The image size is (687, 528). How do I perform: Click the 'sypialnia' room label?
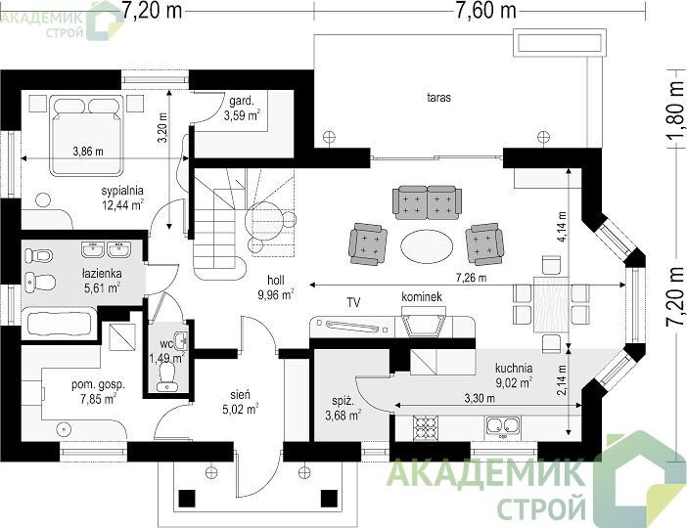pyautogui.click(x=122, y=191)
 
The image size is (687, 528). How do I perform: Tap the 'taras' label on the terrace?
pyautogui.click(x=439, y=97)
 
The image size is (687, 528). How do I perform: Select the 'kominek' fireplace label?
pyautogui.click(x=422, y=297)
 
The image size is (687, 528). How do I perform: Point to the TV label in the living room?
pyautogui.click(x=353, y=302)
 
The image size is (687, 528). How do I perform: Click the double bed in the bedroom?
pyautogui.click(x=86, y=136)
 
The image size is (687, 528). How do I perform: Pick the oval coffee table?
pyautogui.click(x=428, y=246)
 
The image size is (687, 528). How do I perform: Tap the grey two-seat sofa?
pyautogui.click(x=428, y=202)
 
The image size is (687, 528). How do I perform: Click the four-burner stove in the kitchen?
pyautogui.click(x=426, y=427)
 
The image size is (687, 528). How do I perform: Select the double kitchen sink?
pyautogui.click(x=503, y=427)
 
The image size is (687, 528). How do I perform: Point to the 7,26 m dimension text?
pyautogui.click(x=471, y=277)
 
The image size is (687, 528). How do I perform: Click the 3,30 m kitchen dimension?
pyautogui.click(x=480, y=398)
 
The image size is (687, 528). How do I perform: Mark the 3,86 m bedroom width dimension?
pyautogui.click(x=88, y=152)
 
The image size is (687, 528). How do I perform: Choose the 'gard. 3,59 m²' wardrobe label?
pyautogui.click(x=243, y=109)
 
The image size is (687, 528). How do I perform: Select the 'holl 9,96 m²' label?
pyautogui.click(x=276, y=287)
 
